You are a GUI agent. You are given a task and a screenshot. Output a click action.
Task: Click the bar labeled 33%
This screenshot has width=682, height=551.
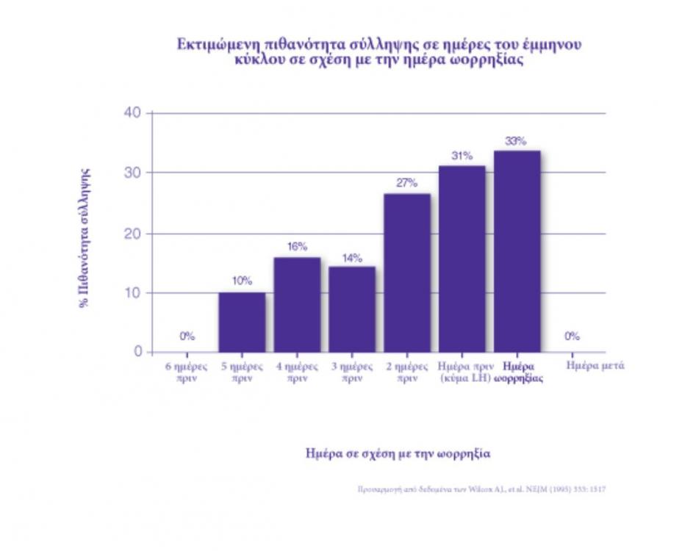(517, 251)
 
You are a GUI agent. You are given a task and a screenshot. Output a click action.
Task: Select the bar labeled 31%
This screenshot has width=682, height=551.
(462, 259)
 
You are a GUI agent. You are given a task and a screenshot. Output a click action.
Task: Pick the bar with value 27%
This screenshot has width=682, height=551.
(406, 273)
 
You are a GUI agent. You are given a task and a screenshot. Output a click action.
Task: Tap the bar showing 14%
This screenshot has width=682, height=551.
(351, 309)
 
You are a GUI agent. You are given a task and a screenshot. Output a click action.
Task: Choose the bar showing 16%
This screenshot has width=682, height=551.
(297, 304)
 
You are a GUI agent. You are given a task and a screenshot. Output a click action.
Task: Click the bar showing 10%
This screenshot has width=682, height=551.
(242, 322)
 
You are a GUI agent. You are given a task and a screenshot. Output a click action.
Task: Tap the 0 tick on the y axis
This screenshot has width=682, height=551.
(137, 352)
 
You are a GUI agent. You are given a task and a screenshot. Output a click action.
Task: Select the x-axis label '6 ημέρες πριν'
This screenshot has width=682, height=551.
(187, 371)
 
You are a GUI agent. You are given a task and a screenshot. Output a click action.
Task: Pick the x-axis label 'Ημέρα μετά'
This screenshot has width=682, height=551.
(596, 365)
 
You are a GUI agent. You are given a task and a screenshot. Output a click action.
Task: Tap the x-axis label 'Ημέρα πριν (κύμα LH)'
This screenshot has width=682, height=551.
(462, 371)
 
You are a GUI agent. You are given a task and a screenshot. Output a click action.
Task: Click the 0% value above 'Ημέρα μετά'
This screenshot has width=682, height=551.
(572, 336)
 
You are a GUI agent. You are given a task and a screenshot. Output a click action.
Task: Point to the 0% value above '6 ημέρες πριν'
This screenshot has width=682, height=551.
(187, 336)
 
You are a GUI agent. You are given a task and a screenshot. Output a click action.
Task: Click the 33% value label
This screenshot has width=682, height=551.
(516, 141)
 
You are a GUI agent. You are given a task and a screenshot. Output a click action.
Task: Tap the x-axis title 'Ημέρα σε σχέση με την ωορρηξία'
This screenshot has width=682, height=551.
(398, 453)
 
